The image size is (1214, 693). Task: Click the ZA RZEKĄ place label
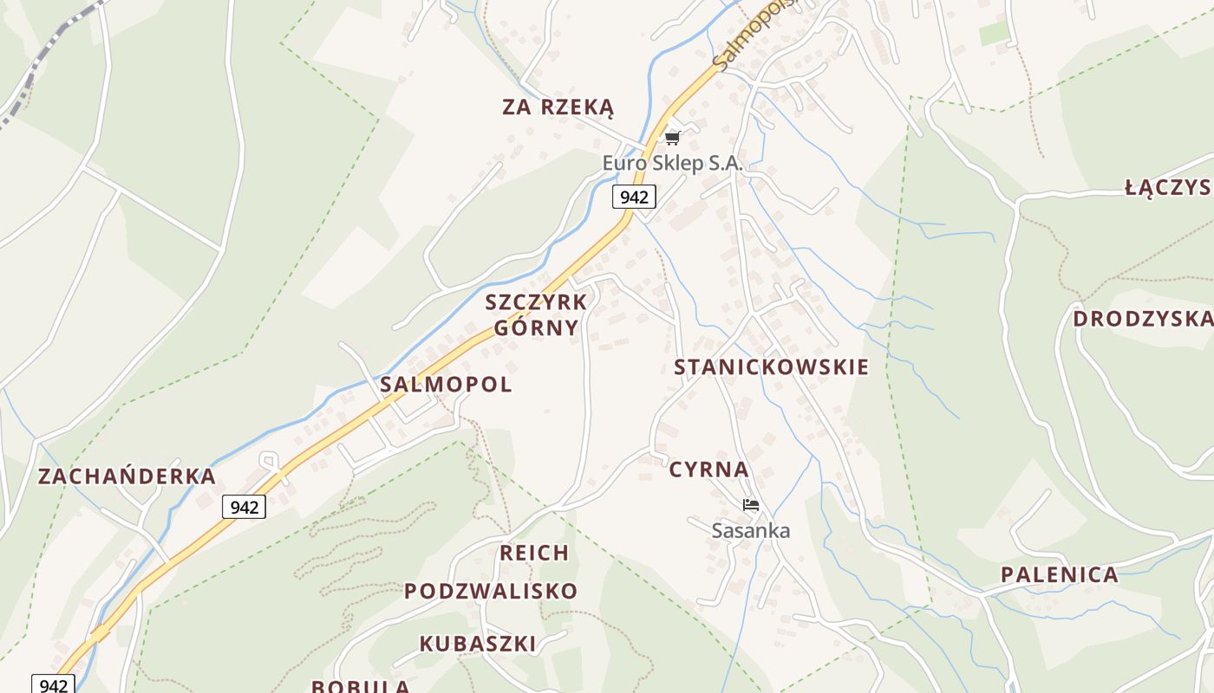tap(558, 107)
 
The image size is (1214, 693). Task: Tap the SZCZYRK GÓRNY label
tap(536, 314)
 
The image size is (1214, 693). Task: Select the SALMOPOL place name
tap(446, 384)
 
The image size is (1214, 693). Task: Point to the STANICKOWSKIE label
tap(771, 366)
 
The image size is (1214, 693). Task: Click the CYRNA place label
tap(708, 470)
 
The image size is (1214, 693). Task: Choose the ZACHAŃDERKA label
tap(127, 476)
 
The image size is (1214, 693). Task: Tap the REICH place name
tap(534, 553)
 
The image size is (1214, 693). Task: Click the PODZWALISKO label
tap(491, 591)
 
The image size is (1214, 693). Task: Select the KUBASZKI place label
tap(478, 644)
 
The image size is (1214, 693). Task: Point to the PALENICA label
tap(1059, 574)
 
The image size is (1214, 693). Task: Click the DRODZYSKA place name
tap(1142, 319)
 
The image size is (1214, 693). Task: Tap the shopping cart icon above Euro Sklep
tap(672, 138)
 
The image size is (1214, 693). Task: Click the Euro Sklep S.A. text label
tap(673, 163)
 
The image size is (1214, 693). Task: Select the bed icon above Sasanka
tap(751, 505)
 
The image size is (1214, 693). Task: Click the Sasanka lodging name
tap(751, 530)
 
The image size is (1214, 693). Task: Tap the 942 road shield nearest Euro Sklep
tap(634, 197)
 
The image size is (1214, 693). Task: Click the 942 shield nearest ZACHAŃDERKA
tap(244, 507)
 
